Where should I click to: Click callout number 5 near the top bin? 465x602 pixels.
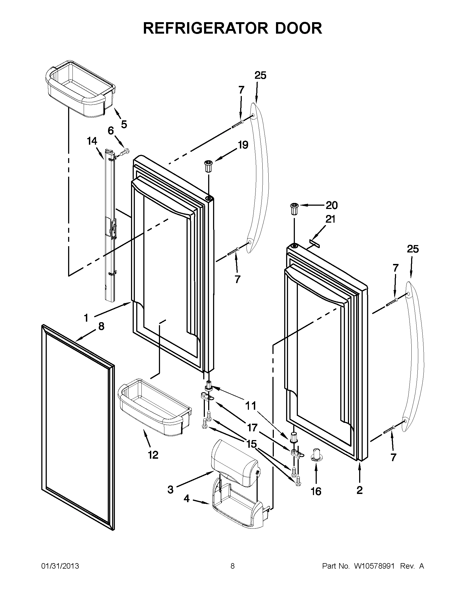[124, 124]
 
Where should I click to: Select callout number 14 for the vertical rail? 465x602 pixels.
[92, 141]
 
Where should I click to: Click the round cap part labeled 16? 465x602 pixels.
[316, 454]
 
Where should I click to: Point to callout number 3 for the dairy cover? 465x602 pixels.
[171, 490]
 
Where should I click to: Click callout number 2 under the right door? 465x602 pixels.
[359, 490]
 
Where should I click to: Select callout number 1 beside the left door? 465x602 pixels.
[86, 318]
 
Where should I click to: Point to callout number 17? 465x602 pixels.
[252, 428]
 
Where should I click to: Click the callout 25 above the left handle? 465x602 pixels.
[260, 75]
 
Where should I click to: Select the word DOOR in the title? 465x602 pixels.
[298, 28]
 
